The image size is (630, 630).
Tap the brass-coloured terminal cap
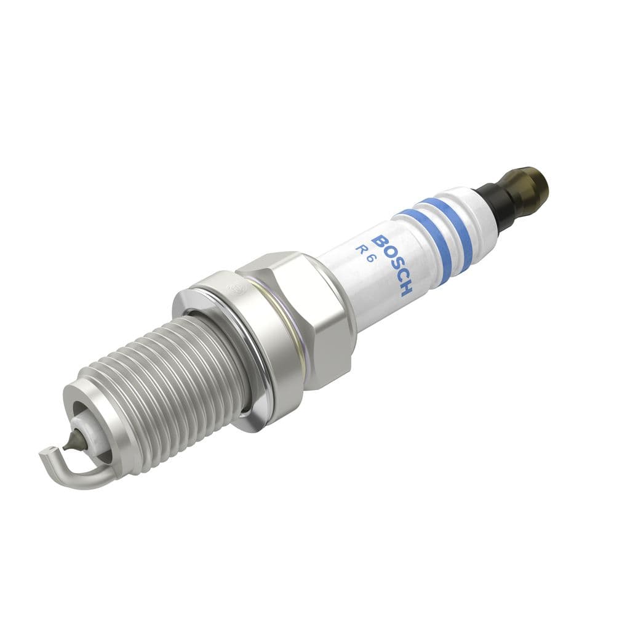point(528,186)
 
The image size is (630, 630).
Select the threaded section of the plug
point(166,388)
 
